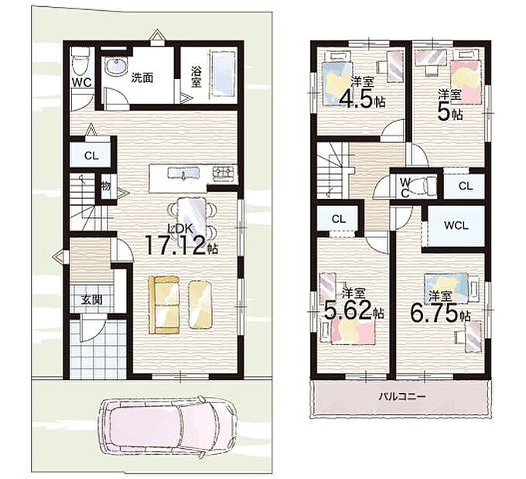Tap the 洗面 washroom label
(142, 78)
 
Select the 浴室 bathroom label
(196, 77)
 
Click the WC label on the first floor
(81, 83)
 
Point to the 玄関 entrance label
(91, 299)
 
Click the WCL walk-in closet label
(456, 225)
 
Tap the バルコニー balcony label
(402, 396)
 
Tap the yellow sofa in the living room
(164, 305)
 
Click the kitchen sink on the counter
(183, 173)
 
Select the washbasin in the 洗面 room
(115, 67)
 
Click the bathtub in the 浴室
(221, 74)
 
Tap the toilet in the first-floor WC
(80, 62)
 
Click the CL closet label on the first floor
(91, 156)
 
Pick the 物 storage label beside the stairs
(106, 186)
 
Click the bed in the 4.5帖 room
(337, 78)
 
